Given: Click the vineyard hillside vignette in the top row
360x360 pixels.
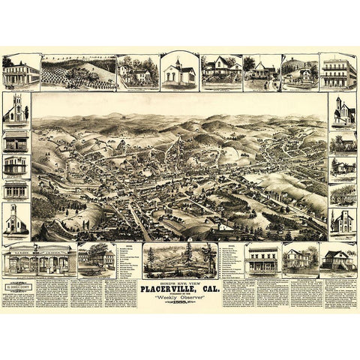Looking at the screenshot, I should pyautogui.click(x=79, y=72).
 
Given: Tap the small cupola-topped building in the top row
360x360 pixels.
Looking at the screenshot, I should pyautogui.click(x=179, y=72).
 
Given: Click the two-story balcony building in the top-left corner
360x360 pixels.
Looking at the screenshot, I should pyautogui.click(x=21, y=72).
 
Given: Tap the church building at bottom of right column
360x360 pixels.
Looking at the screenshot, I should pyautogui.click(x=343, y=220).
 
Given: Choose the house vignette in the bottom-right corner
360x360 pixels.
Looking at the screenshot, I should pyautogui.click(x=338, y=258).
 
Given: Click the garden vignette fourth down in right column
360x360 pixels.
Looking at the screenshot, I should pyautogui.click(x=343, y=193).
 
